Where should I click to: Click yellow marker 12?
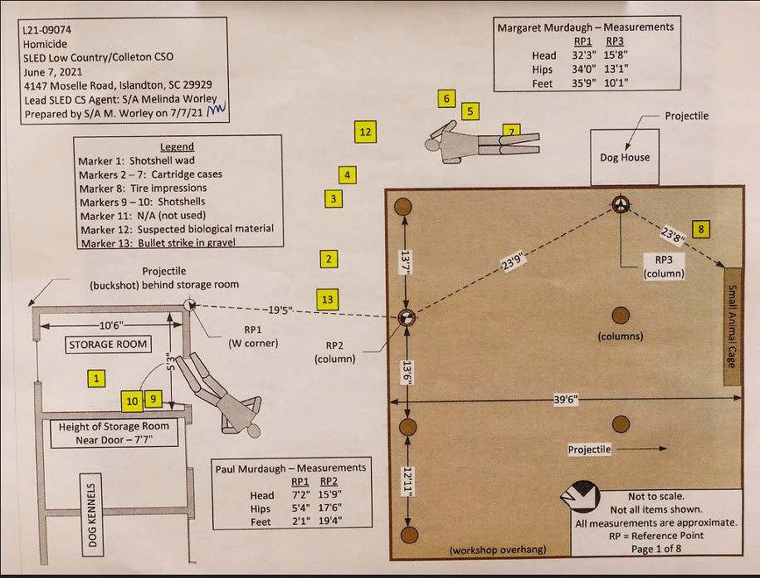[x=364, y=131]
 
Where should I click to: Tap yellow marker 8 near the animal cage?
[x=701, y=228]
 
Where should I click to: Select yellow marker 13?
[x=328, y=300]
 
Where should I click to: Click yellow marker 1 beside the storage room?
[x=97, y=379]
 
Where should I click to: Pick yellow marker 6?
[x=446, y=100]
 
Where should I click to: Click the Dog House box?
[x=625, y=157]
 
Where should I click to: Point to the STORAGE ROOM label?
[x=108, y=344]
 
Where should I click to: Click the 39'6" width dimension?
[x=567, y=399]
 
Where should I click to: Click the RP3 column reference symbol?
[x=621, y=204]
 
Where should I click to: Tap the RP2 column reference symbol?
[x=406, y=316]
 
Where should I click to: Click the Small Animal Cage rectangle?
[x=733, y=326]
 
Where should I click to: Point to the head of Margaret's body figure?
[x=432, y=144]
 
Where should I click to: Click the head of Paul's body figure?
[x=254, y=430]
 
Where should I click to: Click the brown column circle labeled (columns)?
[x=620, y=315]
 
